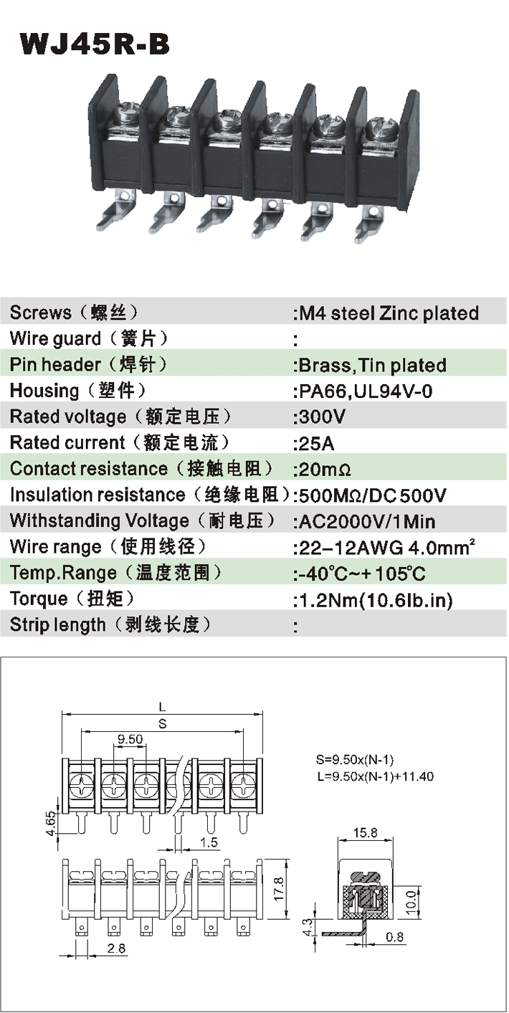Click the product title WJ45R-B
[95, 44]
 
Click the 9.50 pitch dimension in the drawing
[130, 739]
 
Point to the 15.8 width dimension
[365, 832]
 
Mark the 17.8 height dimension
[279, 888]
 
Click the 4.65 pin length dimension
[51, 824]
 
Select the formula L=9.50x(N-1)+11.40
[375, 777]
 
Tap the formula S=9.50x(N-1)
[355, 759]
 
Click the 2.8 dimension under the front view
[116, 948]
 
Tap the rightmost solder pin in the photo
[369, 222]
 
